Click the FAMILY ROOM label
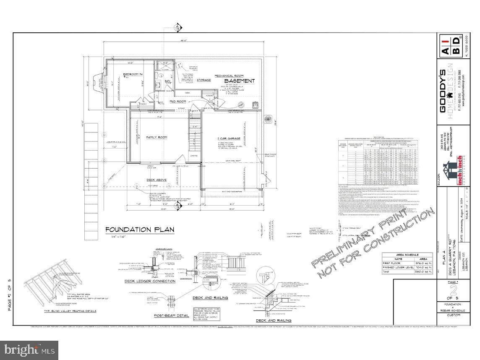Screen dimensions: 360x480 coord(157,137)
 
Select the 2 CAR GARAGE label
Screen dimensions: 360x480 coord(228,138)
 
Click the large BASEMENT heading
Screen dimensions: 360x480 coord(239,81)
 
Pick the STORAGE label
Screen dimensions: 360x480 coord(203,80)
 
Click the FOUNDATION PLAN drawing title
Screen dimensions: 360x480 coord(140,230)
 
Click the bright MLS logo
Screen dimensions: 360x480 coord(29,350)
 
